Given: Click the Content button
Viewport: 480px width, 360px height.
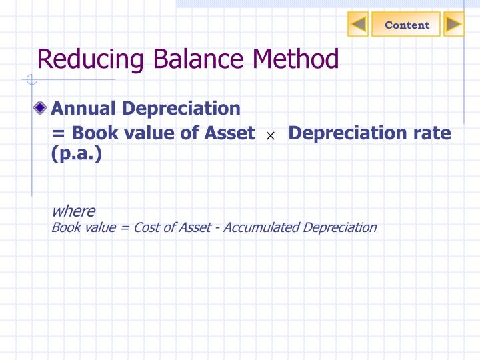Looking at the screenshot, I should click(x=407, y=25).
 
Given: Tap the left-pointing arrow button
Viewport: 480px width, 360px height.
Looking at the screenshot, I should click(x=359, y=25).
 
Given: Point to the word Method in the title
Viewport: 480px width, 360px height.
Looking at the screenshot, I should click(x=295, y=59).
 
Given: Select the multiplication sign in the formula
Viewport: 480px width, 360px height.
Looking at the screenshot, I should click(x=271, y=136).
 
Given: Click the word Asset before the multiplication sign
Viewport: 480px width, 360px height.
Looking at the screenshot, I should click(x=230, y=133).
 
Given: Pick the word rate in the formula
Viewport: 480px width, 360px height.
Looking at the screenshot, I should click(x=431, y=133).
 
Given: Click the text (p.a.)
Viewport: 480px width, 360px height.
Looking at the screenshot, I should click(x=77, y=155).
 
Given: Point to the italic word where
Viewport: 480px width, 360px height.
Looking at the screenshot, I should click(x=73, y=211).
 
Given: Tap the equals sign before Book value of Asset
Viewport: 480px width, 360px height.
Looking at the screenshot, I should click(x=57, y=134).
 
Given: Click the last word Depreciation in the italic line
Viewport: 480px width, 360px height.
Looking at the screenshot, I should click(x=339, y=227).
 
